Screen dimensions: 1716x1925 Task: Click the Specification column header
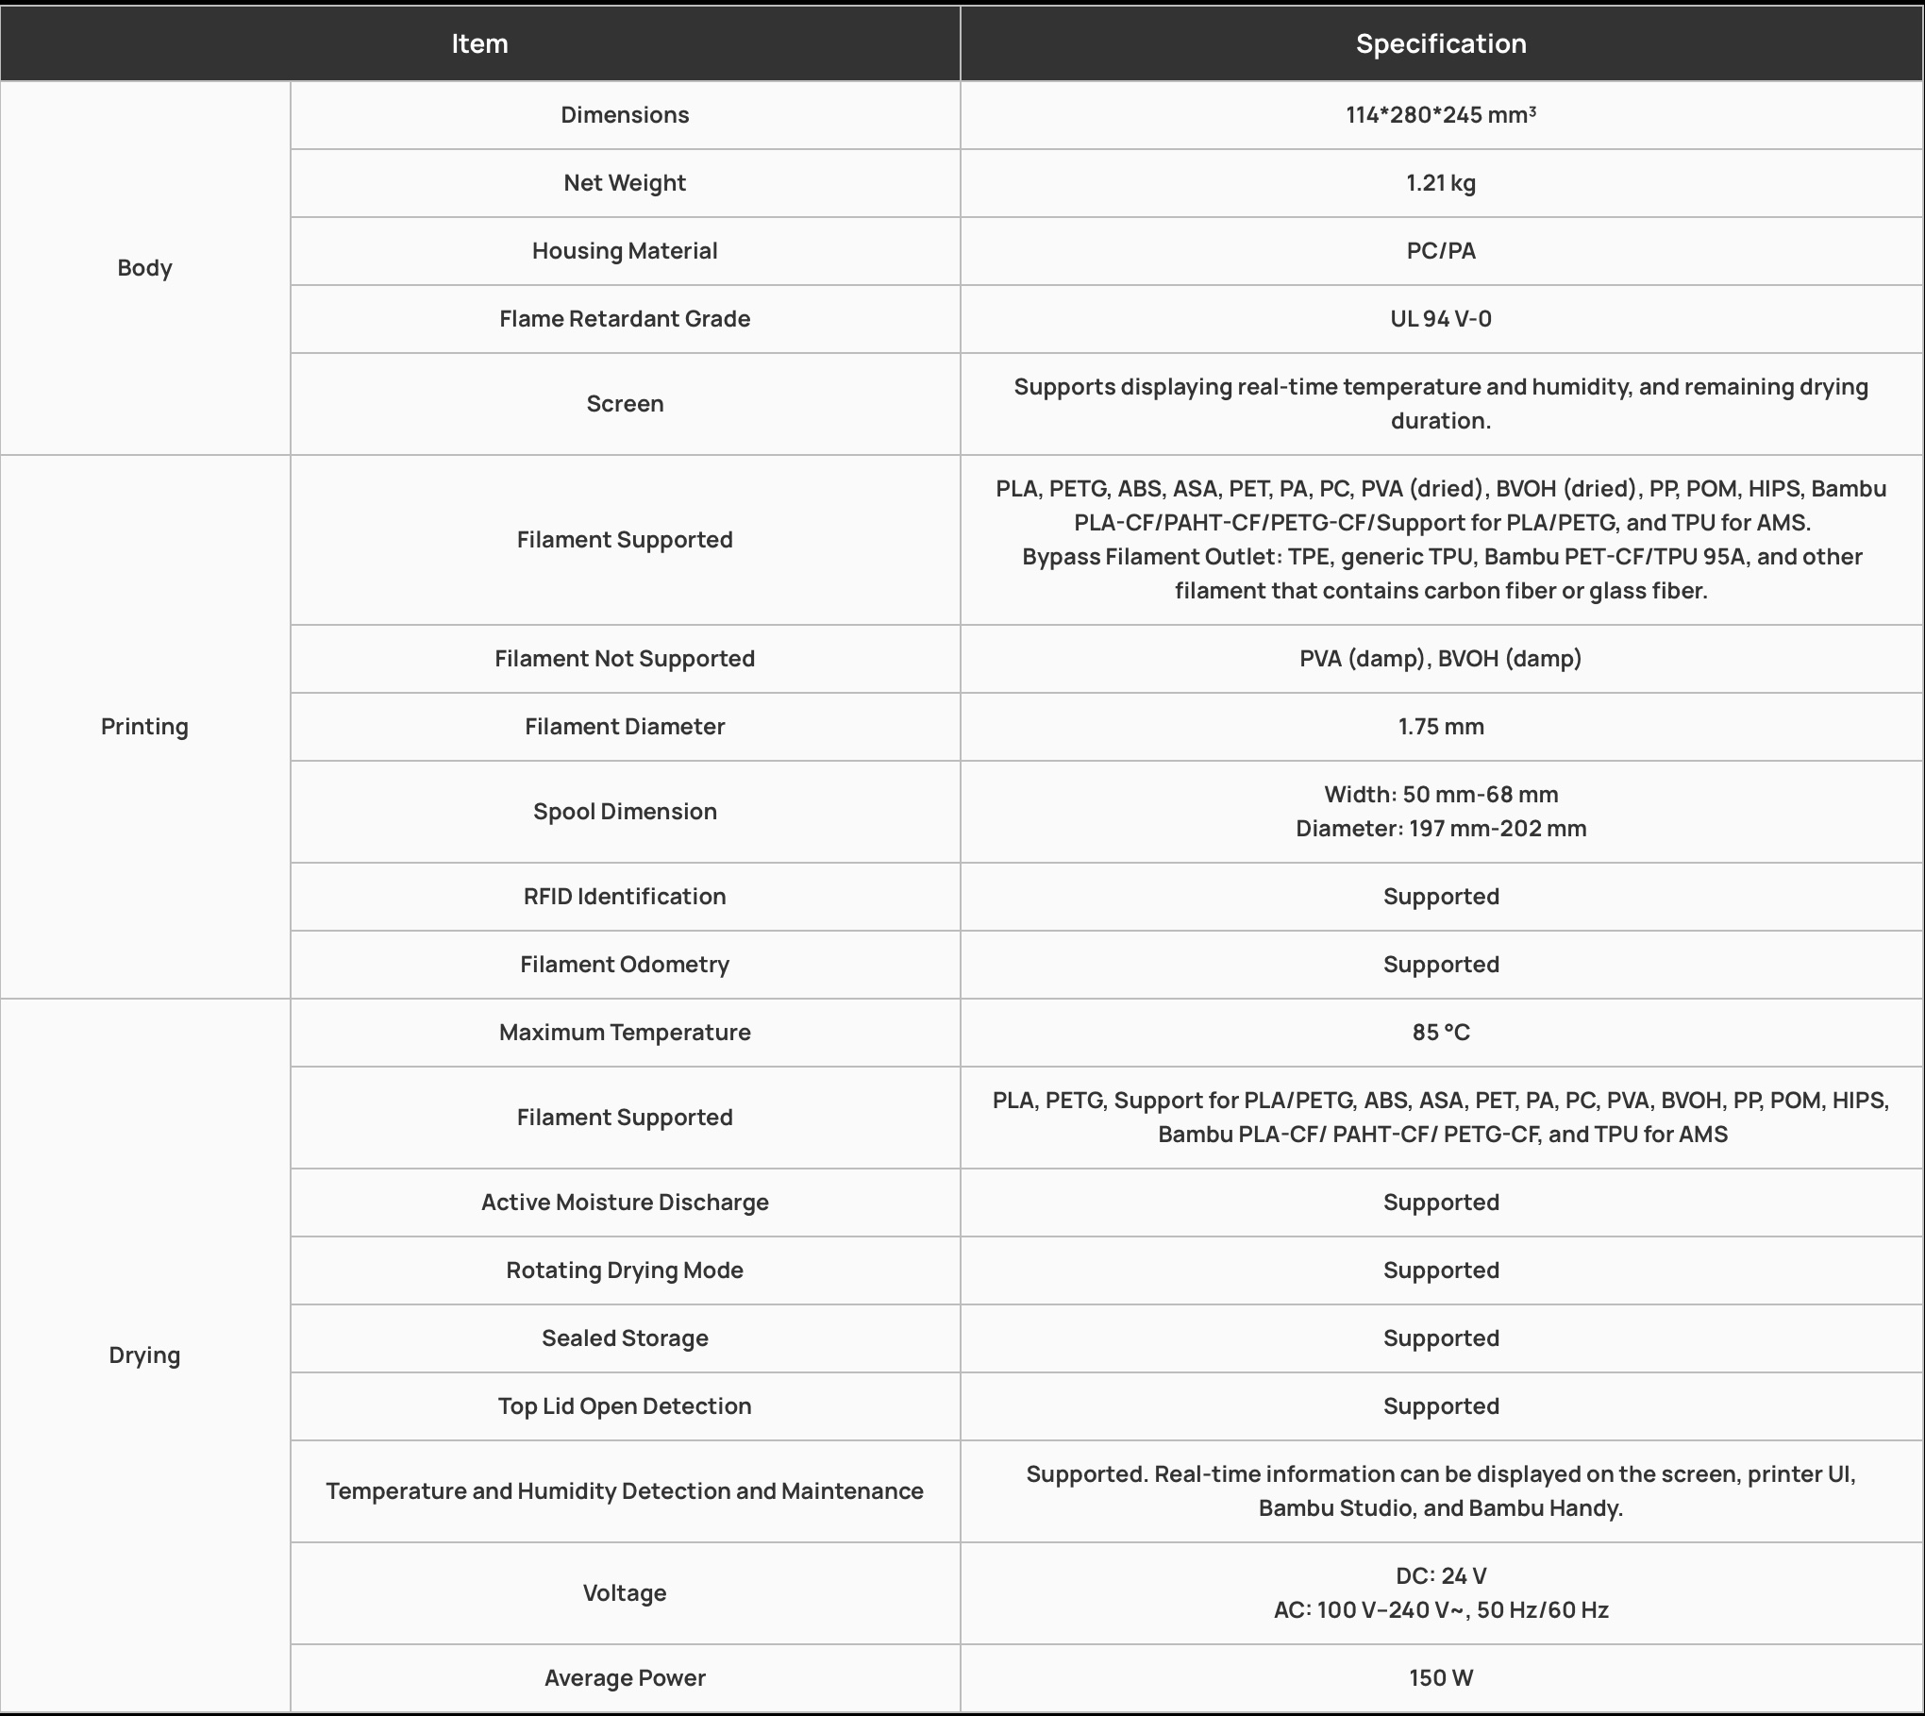coord(1440,43)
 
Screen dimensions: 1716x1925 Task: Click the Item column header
coord(479,43)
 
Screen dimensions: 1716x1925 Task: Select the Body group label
coord(144,268)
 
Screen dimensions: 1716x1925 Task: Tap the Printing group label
coord(144,727)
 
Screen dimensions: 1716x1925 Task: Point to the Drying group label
coord(144,1355)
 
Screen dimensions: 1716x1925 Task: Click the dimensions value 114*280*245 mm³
coord(1440,115)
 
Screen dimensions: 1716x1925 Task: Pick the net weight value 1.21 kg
coord(1440,183)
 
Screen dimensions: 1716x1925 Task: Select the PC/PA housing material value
coord(1440,251)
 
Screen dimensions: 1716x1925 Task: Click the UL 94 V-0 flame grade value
coord(1440,319)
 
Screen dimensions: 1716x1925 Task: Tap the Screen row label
coord(625,404)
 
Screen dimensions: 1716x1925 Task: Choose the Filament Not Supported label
coord(625,659)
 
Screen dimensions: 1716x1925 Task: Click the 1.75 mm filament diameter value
coord(1440,727)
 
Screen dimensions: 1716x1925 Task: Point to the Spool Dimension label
coord(625,812)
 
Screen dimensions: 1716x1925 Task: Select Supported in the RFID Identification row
coord(1440,897)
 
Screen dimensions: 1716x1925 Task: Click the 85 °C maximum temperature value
coord(1440,1033)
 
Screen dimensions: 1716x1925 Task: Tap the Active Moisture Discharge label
coord(625,1203)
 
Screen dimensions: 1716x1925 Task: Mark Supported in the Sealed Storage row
coord(1440,1338)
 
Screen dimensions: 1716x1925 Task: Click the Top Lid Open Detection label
coord(625,1406)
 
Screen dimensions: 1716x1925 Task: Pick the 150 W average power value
coord(1440,1678)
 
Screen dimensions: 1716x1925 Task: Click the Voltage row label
coord(625,1593)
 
